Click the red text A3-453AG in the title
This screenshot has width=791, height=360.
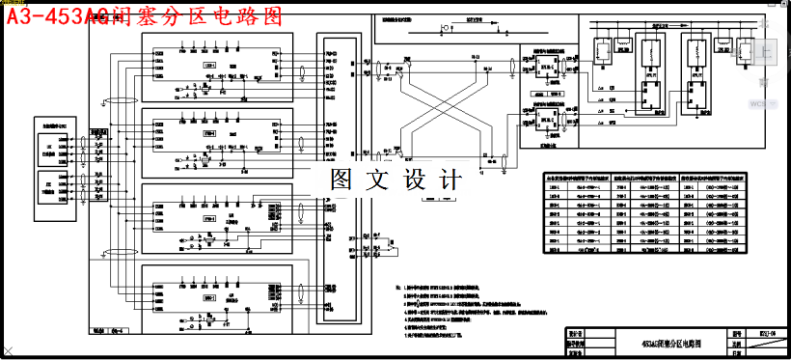tap(56, 15)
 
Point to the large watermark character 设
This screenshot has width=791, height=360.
tap(417, 180)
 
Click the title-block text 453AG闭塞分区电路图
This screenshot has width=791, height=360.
tap(672, 343)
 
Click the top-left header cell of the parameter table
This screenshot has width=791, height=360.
tap(573, 178)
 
